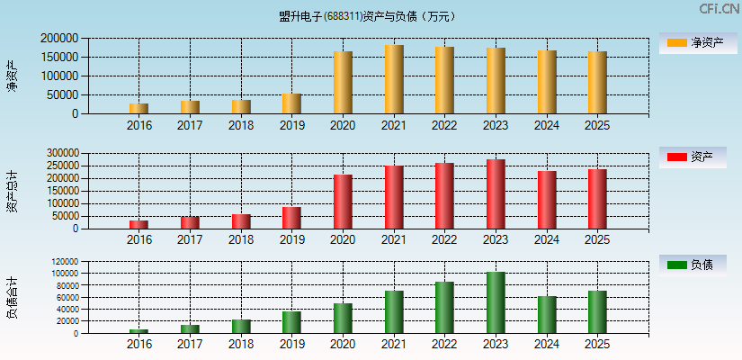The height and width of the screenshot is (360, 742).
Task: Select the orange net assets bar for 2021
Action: [x=393, y=79]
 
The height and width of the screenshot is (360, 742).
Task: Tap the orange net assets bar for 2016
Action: [x=139, y=108]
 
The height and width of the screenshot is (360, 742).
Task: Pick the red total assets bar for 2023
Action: [x=495, y=193]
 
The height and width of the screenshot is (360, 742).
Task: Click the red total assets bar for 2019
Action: [x=291, y=218]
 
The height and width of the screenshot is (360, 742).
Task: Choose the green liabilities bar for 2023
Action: [x=495, y=302]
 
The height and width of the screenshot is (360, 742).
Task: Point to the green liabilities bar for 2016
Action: [x=139, y=330]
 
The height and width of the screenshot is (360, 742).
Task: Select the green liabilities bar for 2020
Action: [x=342, y=318]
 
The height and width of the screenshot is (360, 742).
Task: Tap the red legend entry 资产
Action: [x=693, y=157]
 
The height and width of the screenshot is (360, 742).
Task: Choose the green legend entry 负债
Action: [x=693, y=265]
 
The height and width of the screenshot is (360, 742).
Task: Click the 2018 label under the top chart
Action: [x=240, y=125]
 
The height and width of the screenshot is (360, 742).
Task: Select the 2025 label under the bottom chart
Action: [x=596, y=344]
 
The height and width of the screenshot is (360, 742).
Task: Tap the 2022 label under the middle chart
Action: [x=444, y=239]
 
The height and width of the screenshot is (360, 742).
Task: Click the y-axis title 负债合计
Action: [x=12, y=297]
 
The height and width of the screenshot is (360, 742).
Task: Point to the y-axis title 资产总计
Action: [x=12, y=191]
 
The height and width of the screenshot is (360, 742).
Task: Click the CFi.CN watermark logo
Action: [x=719, y=9]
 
